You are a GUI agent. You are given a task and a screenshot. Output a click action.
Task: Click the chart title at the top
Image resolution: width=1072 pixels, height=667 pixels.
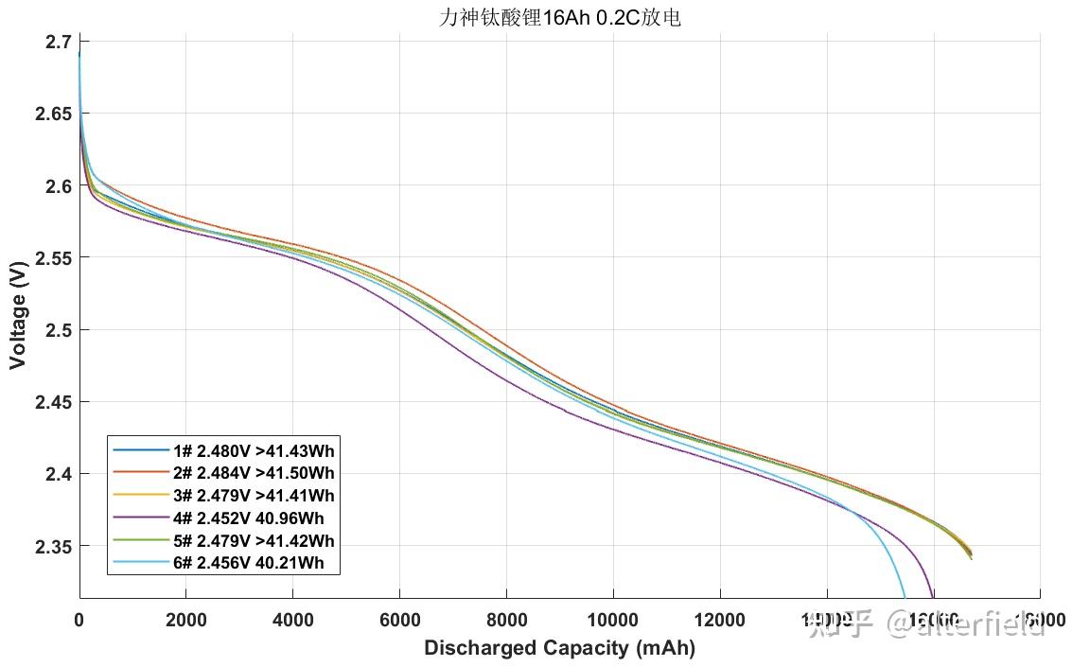559,18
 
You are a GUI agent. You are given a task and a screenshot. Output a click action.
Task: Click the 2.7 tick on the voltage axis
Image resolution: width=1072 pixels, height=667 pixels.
59,43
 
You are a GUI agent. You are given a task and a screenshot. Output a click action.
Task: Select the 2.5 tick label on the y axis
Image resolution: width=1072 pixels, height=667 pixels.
58,330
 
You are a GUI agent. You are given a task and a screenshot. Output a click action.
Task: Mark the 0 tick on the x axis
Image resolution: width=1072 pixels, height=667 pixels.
79,620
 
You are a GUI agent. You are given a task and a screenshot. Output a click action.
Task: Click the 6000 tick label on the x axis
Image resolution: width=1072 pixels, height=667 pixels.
399,620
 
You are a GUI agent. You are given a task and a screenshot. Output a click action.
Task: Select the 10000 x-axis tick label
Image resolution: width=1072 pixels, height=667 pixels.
612,620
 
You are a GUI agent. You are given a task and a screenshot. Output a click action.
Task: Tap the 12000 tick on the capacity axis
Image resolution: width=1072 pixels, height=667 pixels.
719,620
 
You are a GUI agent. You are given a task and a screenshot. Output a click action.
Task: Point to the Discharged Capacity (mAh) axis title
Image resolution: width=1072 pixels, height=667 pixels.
559,648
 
